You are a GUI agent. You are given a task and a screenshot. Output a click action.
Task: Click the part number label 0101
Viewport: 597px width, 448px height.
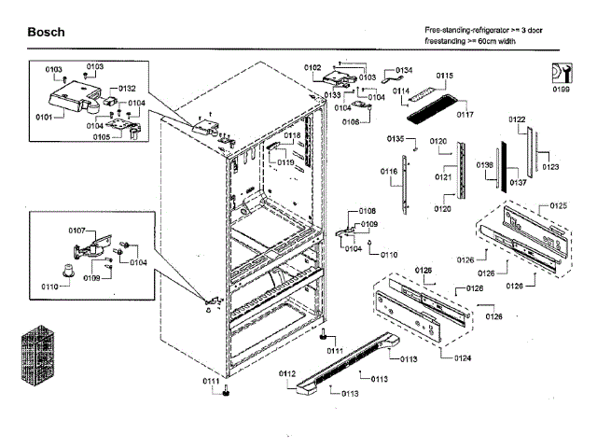pos(43,117)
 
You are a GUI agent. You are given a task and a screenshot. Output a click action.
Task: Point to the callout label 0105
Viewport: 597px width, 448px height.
pos(101,136)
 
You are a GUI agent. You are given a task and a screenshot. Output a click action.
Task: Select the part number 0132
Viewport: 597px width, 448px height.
pos(128,88)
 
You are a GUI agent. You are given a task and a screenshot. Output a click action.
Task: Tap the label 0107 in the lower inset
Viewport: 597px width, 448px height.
pos(76,230)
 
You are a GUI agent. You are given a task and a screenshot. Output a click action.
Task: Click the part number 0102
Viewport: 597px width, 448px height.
pos(312,67)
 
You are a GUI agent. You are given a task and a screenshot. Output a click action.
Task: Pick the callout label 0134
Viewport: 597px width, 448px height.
pos(404,70)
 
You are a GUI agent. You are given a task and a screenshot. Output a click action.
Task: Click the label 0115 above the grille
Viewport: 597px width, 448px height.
pos(444,75)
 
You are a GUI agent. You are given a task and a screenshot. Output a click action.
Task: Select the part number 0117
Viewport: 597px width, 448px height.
pos(465,115)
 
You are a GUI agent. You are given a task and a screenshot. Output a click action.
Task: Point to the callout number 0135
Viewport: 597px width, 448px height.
pos(396,138)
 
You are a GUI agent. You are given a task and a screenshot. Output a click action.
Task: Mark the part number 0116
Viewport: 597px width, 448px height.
pos(388,173)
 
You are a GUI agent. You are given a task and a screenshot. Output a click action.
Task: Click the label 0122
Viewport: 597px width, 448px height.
pos(517,119)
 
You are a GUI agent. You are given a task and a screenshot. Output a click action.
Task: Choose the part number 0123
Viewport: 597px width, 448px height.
pos(550,167)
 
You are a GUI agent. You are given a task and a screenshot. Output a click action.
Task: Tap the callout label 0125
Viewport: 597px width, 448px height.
pos(558,205)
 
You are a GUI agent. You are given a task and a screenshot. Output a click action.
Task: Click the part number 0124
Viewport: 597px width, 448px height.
pos(463,357)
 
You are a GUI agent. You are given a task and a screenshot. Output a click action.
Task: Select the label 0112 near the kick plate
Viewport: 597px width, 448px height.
pos(286,373)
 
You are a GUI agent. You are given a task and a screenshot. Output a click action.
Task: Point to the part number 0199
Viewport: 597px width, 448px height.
pos(561,91)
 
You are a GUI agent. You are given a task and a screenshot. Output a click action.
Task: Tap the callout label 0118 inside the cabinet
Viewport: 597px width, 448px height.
pos(292,136)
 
